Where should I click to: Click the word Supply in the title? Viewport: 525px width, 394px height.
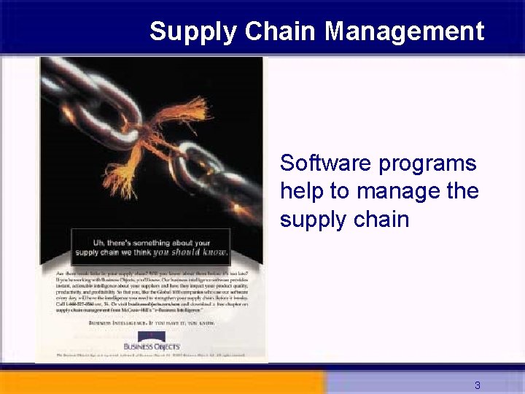click(x=193, y=31)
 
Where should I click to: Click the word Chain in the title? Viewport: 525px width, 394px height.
click(x=281, y=31)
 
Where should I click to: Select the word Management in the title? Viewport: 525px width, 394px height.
click(x=404, y=31)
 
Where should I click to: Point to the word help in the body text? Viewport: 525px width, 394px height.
click(x=302, y=191)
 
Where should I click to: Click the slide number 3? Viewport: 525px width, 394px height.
click(x=478, y=385)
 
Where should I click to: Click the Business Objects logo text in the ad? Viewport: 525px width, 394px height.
click(x=152, y=346)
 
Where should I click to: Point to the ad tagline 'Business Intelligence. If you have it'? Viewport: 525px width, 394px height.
click(x=151, y=321)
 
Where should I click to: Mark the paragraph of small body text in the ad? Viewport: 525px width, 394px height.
click(x=151, y=292)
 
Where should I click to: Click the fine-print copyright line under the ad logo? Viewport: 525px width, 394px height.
click(x=151, y=355)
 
